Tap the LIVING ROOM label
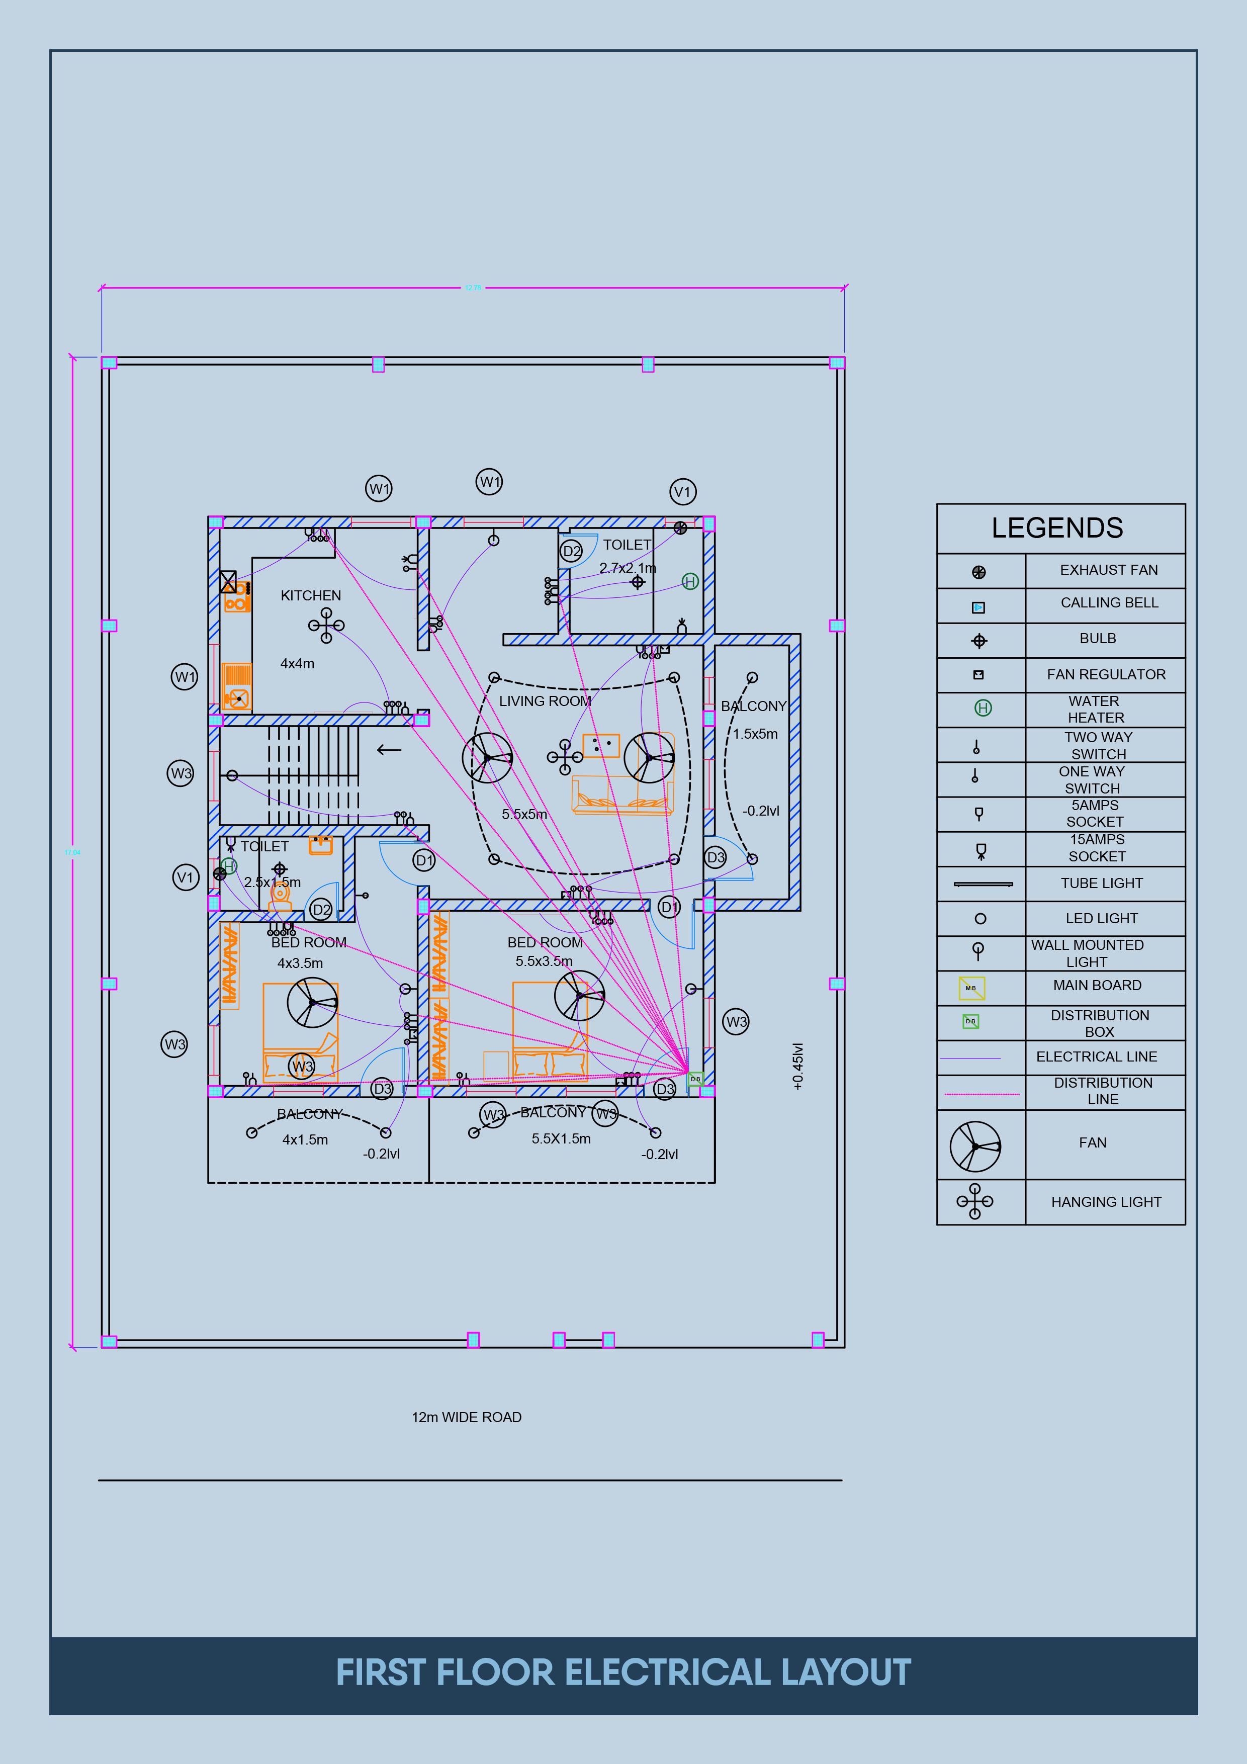545,700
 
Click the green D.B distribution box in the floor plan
695,1079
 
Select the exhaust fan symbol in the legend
979,572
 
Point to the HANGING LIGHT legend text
1106,1202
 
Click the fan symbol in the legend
975,1146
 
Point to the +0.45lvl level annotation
797,1067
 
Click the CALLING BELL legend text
1109,602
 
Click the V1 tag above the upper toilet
682,492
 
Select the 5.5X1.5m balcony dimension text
561,1138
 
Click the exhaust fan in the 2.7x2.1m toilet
680,528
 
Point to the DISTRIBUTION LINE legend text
1103,1091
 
